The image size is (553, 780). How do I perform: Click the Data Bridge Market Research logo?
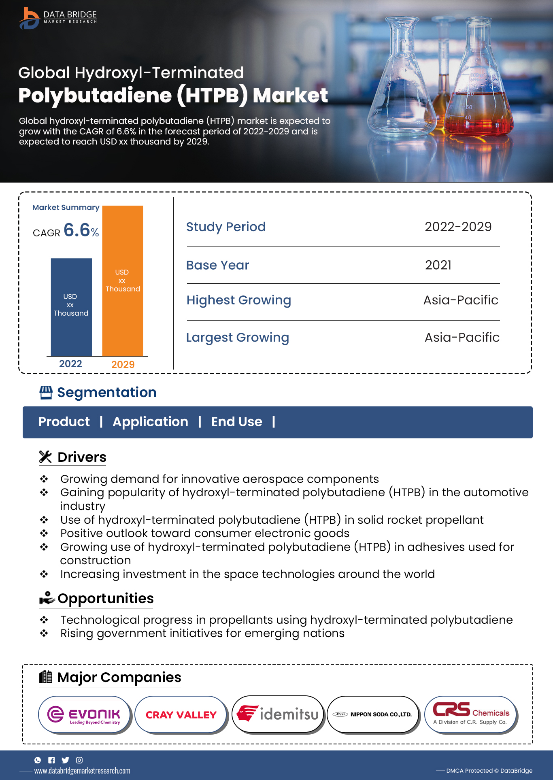pos(58,18)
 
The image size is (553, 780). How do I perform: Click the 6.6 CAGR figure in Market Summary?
pos(77,230)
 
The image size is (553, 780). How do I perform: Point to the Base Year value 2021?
pos(438,265)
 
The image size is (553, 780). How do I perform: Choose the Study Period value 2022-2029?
pos(458,227)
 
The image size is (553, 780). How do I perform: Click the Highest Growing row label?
pos(238,300)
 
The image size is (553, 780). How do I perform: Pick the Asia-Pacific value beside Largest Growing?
pos(462,338)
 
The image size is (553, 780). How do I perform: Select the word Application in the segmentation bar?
pos(150,422)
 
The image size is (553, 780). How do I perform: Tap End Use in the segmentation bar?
pos(236,422)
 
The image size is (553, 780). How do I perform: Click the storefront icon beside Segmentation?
pos(46,392)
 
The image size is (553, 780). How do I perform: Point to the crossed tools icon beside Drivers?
pos(45,457)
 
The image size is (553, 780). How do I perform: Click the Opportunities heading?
pos(105,599)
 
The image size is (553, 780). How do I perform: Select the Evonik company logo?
pos(84,714)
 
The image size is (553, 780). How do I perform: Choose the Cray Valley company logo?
pos(181,714)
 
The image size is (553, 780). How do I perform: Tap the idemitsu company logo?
pos(278,714)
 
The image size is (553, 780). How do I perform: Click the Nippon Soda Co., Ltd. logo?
pos(372,714)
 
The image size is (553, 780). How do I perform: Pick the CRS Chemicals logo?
pos(471,714)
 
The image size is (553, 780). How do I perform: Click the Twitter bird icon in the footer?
pos(65,760)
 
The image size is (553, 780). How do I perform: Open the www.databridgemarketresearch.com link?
pos(82,771)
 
